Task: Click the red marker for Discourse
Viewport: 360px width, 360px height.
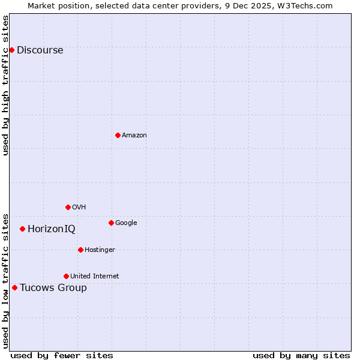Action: [11, 50]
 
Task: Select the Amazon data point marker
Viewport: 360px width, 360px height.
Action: [118, 135]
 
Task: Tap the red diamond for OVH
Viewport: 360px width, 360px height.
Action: [68, 207]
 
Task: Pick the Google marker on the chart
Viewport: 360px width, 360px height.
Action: [111, 223]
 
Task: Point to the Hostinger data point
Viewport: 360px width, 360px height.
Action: [80, 250]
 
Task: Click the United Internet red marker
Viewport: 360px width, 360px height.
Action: [66, 276]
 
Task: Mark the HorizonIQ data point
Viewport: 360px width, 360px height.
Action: [22, 229]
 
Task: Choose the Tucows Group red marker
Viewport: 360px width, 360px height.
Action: [14, 287]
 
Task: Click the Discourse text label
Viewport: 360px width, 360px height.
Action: [40, 50]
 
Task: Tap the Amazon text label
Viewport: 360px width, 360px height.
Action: [134, 136]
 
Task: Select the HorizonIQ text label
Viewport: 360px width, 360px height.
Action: [52, 229]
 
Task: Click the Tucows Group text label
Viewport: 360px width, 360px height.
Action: [53, 288]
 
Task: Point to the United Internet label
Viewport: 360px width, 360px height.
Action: [95, 277]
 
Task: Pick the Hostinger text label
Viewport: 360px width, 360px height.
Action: [100, 250]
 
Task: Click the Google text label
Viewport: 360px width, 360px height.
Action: [126, 223]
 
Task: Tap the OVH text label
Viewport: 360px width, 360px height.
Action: [79, 208]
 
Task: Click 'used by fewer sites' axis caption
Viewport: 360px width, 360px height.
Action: [62, 355]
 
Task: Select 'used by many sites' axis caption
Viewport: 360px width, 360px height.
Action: [301, 355]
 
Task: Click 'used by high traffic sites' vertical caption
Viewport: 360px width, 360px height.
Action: [6, 85]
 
